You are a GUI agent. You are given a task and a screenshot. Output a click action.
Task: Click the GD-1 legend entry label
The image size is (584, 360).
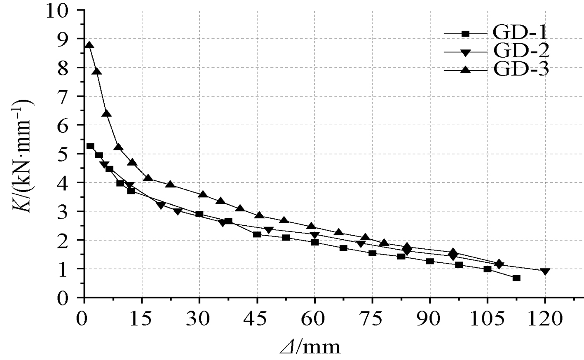click(x=521, y=33)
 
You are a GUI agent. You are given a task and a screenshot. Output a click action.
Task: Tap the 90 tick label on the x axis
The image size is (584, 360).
click(x=430, y=319)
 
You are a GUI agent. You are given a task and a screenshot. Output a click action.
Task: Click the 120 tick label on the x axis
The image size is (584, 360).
click(x=545, y=319)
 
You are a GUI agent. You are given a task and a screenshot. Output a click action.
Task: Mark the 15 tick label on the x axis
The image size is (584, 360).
click(x=142, y=319)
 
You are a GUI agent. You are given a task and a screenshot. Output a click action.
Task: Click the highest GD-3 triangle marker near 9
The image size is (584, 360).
click(x=89, y=45)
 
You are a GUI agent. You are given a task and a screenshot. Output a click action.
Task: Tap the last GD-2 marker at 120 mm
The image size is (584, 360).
click(x=545, y=272)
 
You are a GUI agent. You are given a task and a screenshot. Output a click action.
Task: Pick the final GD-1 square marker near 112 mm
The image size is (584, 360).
click(x=516, y=278)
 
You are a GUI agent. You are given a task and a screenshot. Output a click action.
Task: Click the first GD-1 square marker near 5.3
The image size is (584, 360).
click(x=90, y=146)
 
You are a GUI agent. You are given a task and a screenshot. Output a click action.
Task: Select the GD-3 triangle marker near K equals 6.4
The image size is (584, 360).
click(x=106, y=114)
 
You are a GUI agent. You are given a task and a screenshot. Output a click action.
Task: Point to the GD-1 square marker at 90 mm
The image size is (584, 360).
click(x=430, y=262)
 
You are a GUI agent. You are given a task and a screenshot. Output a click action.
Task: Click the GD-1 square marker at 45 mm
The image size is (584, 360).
click(x=257, y=234)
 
